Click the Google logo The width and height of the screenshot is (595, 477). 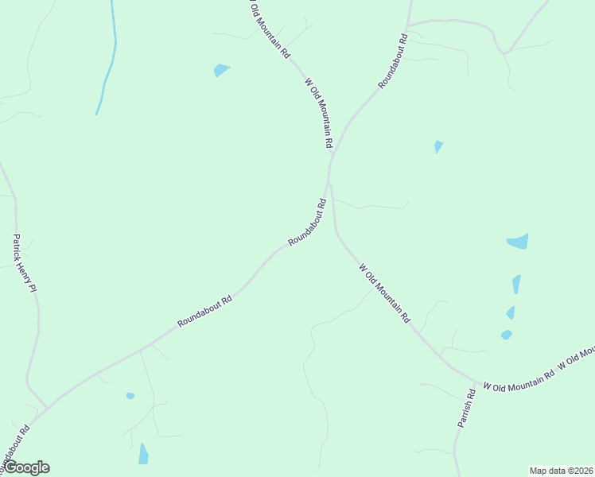pyautogui.click(x=25, y=467)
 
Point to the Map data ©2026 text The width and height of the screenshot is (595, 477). pyautogui.click(x=561, y=470)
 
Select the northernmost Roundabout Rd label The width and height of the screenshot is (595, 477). pyautogui.click(x=393, y=60)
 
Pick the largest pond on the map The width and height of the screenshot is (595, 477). pyautogui.click(x=518, y=241)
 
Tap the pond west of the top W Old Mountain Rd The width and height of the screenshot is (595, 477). pyautogui.click(x=221, y=70)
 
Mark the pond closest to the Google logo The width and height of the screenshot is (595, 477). pyautogui.click(x=143, y=454)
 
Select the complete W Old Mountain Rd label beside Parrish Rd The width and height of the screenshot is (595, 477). pyautogui.click(x=518, y=379)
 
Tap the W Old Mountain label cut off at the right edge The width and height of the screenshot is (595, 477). pyautogui.click(x=577, y=357)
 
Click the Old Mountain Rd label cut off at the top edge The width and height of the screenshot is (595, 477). pyautogui.click(x=268, y=29)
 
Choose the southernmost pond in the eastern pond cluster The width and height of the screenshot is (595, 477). pyautogui.click(x=506, y=335)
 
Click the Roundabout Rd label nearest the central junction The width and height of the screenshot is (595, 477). pyautogui.click(x=308, y=222)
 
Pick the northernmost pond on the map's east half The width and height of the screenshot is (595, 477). pyautogui.click(x=438, y=146)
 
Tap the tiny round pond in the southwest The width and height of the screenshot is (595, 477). pyautogui.click(x=130, y=395)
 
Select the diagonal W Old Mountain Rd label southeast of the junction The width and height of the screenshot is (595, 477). pyautogui.click(x=384, y=293)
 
